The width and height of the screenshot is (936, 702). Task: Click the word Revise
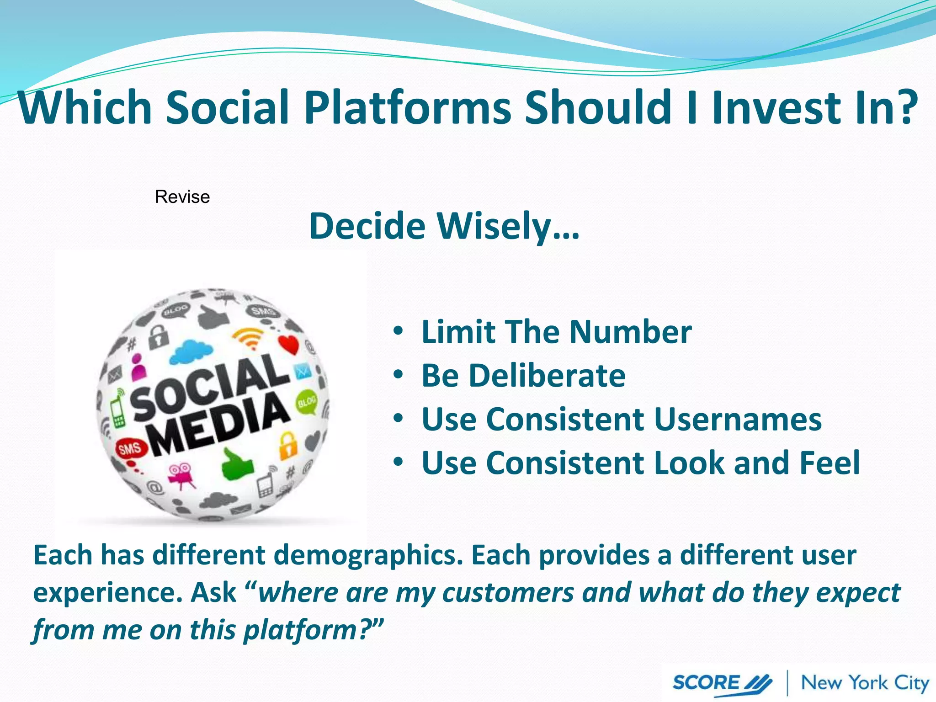182,197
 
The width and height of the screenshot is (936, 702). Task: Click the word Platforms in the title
408,108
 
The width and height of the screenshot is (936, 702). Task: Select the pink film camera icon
181,475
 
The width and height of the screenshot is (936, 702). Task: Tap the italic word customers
508,593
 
